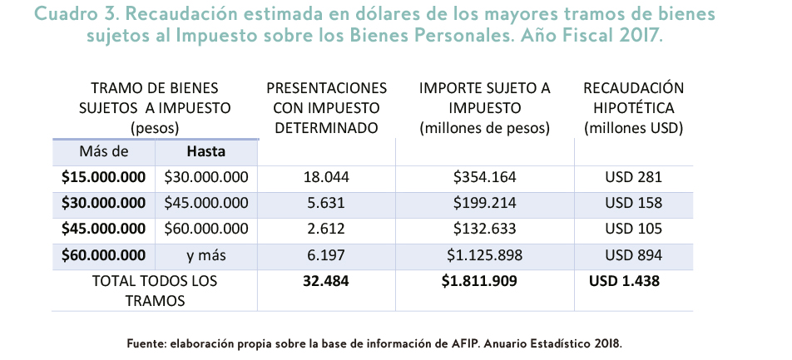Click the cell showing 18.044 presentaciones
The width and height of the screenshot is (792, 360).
pyautogui.click(x=326, y=177)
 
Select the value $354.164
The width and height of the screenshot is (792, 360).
pyautogui.click(x=484, y=177)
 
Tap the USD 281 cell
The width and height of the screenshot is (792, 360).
pyautogui.click(x=633, y=177)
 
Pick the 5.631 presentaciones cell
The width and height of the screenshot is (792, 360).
pyautogui.click(x=326, y=203)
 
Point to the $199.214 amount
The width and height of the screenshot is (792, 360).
pyautogui.click(x=484, y=203)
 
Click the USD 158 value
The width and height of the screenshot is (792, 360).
pyautogui.click(x=633, y=203)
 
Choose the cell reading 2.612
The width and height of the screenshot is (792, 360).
pyautogui.click(x=326, y=229)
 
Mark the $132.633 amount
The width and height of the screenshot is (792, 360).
pyautogui.click(x=484, y=229)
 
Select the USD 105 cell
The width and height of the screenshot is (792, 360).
pyautogui.click(x=633, y=229)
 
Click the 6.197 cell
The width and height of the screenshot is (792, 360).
pyautogui.click(x=326, y=254)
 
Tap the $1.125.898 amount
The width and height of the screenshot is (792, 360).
pyautogui.click(x=484, y=254)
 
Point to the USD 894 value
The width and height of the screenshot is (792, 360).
pyautogui.click(x=633, y=254)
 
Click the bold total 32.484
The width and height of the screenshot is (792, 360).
pyautogui.click(x=326, y=281)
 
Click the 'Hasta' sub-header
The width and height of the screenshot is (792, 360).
pyautogui.click(x=205, y=152)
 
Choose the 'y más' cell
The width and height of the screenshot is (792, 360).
pyautogui.click(x=205, y=254)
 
